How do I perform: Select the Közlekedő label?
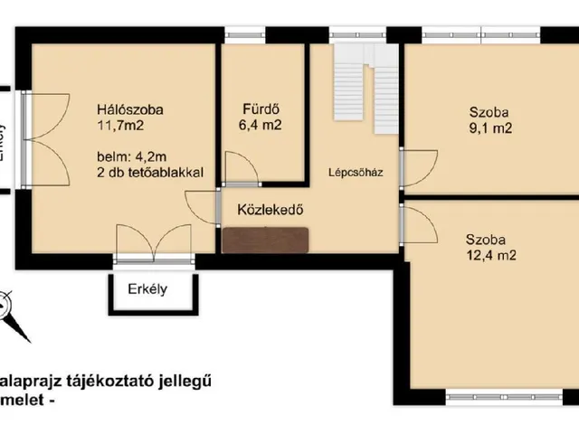coord(269,210)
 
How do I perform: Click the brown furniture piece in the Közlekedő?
coord(265,240)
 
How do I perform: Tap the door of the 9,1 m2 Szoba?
coord(417,165)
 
